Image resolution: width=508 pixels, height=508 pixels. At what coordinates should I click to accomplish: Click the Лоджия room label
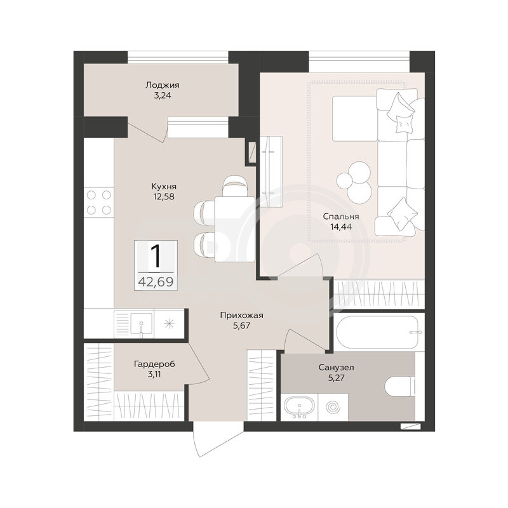click(x=163, y=85)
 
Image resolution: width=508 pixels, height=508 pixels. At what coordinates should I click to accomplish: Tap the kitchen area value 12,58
click(x=164, y=196)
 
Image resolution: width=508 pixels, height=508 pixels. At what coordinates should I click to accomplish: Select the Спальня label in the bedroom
click(x=341, y=217)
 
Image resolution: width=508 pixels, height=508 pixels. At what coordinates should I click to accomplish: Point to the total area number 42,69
click(x=156, y=282)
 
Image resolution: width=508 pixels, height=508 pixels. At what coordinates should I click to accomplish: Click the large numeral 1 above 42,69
click(x=156, y=257)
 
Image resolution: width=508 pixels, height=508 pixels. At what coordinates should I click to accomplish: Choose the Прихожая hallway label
click(x=242, y=315)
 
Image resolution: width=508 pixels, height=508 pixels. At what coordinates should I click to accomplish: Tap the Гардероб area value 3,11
click(x=154, y=375)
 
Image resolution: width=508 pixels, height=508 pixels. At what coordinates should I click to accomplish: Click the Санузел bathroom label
click(x=337, y=368)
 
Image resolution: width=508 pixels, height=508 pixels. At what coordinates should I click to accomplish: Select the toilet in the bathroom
click(x=400, y=386)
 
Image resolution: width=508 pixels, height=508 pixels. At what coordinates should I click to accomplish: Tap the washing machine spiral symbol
click(x=333, y=407)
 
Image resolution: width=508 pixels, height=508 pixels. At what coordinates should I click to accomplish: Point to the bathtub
click(x=378, y=331)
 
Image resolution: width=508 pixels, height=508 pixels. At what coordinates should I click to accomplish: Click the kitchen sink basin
click(x=141, y=323)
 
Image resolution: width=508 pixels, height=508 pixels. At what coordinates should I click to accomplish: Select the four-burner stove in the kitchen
click(x=99, y=203)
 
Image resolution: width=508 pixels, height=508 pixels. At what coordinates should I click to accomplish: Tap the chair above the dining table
click(x=236, y=186)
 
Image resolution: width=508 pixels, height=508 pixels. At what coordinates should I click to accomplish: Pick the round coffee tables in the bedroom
click(x=354, y=182)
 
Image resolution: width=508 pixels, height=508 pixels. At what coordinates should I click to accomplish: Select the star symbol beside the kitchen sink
click(x=169, y=323)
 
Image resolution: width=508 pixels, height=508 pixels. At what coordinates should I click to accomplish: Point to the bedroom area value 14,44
click(x=341, y=227)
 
